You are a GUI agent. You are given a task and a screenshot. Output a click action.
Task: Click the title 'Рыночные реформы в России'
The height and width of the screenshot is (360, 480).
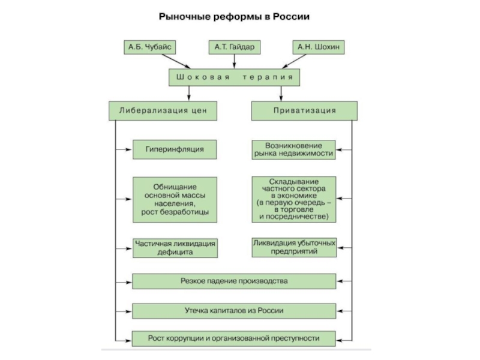click(x=234, y=17)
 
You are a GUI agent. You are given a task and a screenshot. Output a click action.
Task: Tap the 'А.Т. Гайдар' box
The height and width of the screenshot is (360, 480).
click(x=234, y=46)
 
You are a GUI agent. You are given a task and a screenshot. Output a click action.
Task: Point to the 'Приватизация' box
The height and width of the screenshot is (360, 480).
click(x=304, y=110)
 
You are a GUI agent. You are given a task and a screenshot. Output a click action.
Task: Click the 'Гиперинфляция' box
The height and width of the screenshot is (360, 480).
click(x=174, y=149)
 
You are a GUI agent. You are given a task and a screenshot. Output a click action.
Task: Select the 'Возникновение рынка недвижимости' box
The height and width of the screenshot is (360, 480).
click(x=293, y=149)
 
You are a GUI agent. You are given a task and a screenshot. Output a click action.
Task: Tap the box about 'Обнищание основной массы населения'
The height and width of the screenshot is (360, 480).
click(x=174, y=199)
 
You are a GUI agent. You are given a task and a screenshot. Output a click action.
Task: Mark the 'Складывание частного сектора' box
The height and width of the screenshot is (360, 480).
click(x=293, y=199)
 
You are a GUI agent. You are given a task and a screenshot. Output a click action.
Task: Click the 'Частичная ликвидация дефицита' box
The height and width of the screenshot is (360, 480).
click(x=174, y=248)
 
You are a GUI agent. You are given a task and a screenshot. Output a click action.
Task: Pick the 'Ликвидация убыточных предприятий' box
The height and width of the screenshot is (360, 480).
click(x=293, y=248)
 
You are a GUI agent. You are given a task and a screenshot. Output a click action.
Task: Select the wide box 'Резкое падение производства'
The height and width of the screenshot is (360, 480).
click(x=234, y=281)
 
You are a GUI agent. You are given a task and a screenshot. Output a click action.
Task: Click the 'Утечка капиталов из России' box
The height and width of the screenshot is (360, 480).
click(x=234, y=311)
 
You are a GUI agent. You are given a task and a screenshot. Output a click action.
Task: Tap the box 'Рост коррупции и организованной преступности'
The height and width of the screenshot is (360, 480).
click(x=234, y=339)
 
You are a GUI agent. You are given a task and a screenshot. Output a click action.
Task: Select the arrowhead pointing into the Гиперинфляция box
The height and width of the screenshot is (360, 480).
click(x=129, y=149)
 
